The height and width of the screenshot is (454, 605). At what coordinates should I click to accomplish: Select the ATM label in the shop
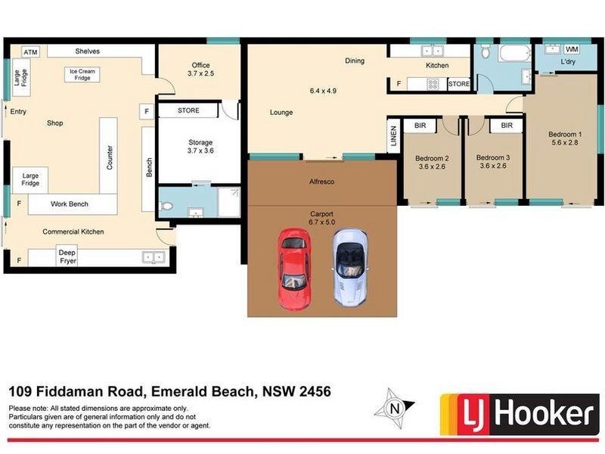(30, 51)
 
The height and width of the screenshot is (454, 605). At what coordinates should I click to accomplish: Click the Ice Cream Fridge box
(84, 75)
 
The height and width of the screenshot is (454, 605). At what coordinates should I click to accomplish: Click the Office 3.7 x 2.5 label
(200, 70)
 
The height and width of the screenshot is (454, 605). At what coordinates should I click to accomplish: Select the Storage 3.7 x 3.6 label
(200, 147)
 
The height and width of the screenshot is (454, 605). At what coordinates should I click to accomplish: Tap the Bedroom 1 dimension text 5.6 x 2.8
(565, 143)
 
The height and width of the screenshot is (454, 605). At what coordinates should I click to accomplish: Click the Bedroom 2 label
(432, 162)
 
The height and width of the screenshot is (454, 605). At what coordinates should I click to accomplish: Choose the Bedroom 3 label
(493, 162)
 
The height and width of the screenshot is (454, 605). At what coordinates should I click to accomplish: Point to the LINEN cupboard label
(393, 138)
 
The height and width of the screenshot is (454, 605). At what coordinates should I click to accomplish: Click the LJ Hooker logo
(517, 414)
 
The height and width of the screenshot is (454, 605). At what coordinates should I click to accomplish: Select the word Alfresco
(322, 182)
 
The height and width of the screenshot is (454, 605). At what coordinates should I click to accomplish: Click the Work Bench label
(70, 204)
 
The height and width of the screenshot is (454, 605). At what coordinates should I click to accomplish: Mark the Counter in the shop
(110, 155)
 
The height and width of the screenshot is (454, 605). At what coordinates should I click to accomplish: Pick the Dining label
(354, 61)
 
